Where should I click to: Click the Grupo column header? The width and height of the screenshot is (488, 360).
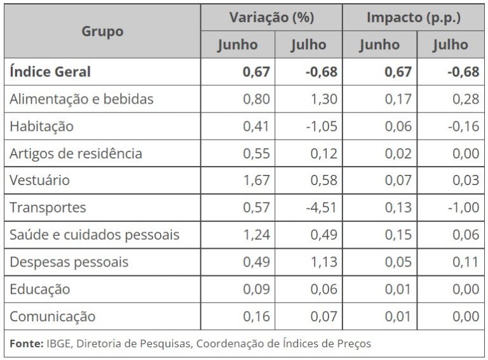click(102, 31)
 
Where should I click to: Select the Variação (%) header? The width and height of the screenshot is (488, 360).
click(271, 18)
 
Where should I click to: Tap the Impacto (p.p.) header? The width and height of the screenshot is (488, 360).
click(414, 18)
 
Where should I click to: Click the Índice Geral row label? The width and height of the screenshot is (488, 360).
click(50, 72)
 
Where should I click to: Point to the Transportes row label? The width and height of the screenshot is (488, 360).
click(48, 207)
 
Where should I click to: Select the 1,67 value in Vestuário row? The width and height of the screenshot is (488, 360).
click(256, 180)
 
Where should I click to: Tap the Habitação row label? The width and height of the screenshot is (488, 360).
click(41, 126)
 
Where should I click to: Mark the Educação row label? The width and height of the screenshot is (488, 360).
click(40, 289)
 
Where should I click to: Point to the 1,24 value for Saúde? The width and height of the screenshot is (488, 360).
click(256, 235)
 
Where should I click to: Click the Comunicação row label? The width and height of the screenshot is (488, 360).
click(52, 317)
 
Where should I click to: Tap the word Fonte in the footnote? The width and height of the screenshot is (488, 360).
click(26, 343)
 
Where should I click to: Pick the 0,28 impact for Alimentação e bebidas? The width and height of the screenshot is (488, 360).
click(466, 99)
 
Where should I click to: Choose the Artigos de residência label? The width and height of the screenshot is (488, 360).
click(76, 153)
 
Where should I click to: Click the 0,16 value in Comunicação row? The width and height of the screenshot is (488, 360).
click(256, 317)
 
